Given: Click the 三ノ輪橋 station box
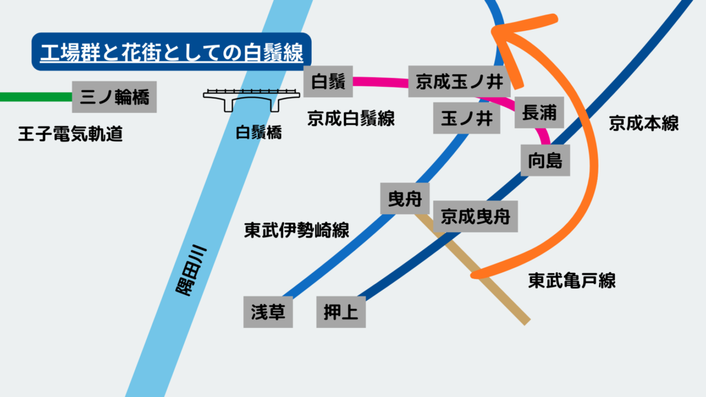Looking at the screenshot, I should click(114, 97).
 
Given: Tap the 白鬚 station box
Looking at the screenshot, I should click(328, 81).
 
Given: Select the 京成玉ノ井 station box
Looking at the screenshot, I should click(459, 82).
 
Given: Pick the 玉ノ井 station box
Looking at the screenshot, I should click(466, 118).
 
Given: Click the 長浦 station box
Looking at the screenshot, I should click(539, 112).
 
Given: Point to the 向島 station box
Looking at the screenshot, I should click(545, 161).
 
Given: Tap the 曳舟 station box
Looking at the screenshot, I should click(405, 198).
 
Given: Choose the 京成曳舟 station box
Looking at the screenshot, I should click(475, 216).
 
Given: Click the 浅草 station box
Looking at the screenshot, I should click(268, 312).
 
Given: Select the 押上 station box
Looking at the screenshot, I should click(341, 312).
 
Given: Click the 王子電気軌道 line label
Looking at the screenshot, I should click(70, 134).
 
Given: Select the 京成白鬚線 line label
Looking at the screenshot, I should click(351, 119).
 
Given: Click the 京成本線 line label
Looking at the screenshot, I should click(644, 124).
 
